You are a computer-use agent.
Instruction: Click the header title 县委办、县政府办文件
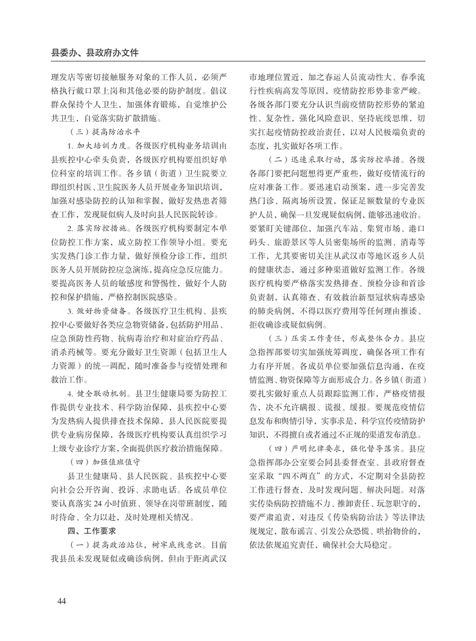point(95,52)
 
